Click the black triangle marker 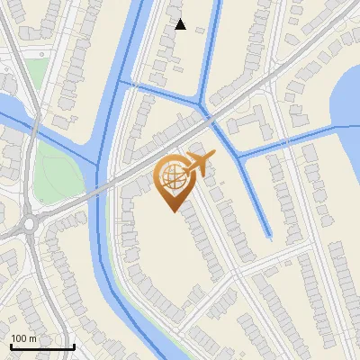[x=180, y=24]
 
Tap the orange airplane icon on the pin [x=197, y=165]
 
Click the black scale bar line [x=41, y=346]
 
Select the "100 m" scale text [x=24, y=338]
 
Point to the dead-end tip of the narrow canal [x=269, y=235]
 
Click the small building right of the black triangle [x=198, y=30]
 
